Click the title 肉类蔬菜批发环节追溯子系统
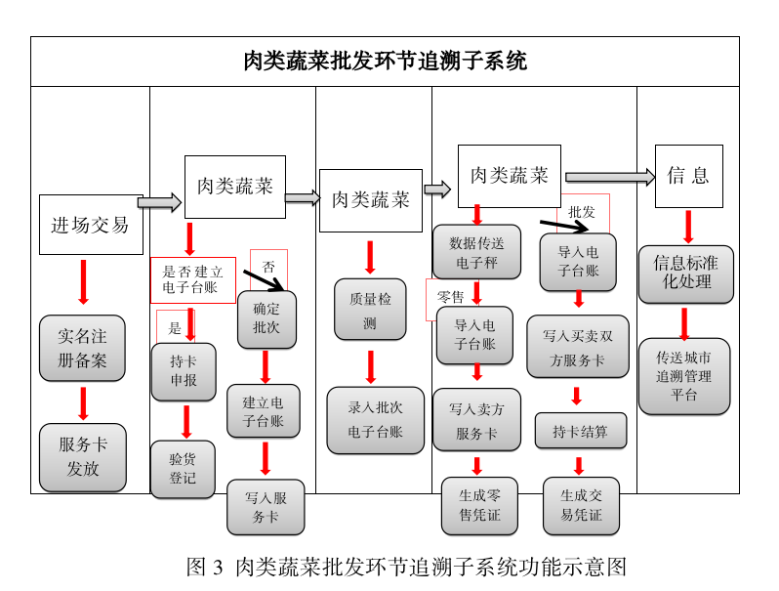(385, 62)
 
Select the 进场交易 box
(91, 225)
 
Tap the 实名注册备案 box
(83, 348)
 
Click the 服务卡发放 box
(83, 456)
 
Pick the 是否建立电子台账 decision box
(192, 279)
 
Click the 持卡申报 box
(184, 371)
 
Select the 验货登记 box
(183, 469)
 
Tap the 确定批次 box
(266, 318)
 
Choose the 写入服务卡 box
(266, 506)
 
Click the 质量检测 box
(370, 310)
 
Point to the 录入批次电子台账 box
(375, 420)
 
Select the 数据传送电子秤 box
(476, 252)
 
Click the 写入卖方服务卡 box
(476, 420)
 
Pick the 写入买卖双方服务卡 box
(578, 346)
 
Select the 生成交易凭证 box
(581, 504)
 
